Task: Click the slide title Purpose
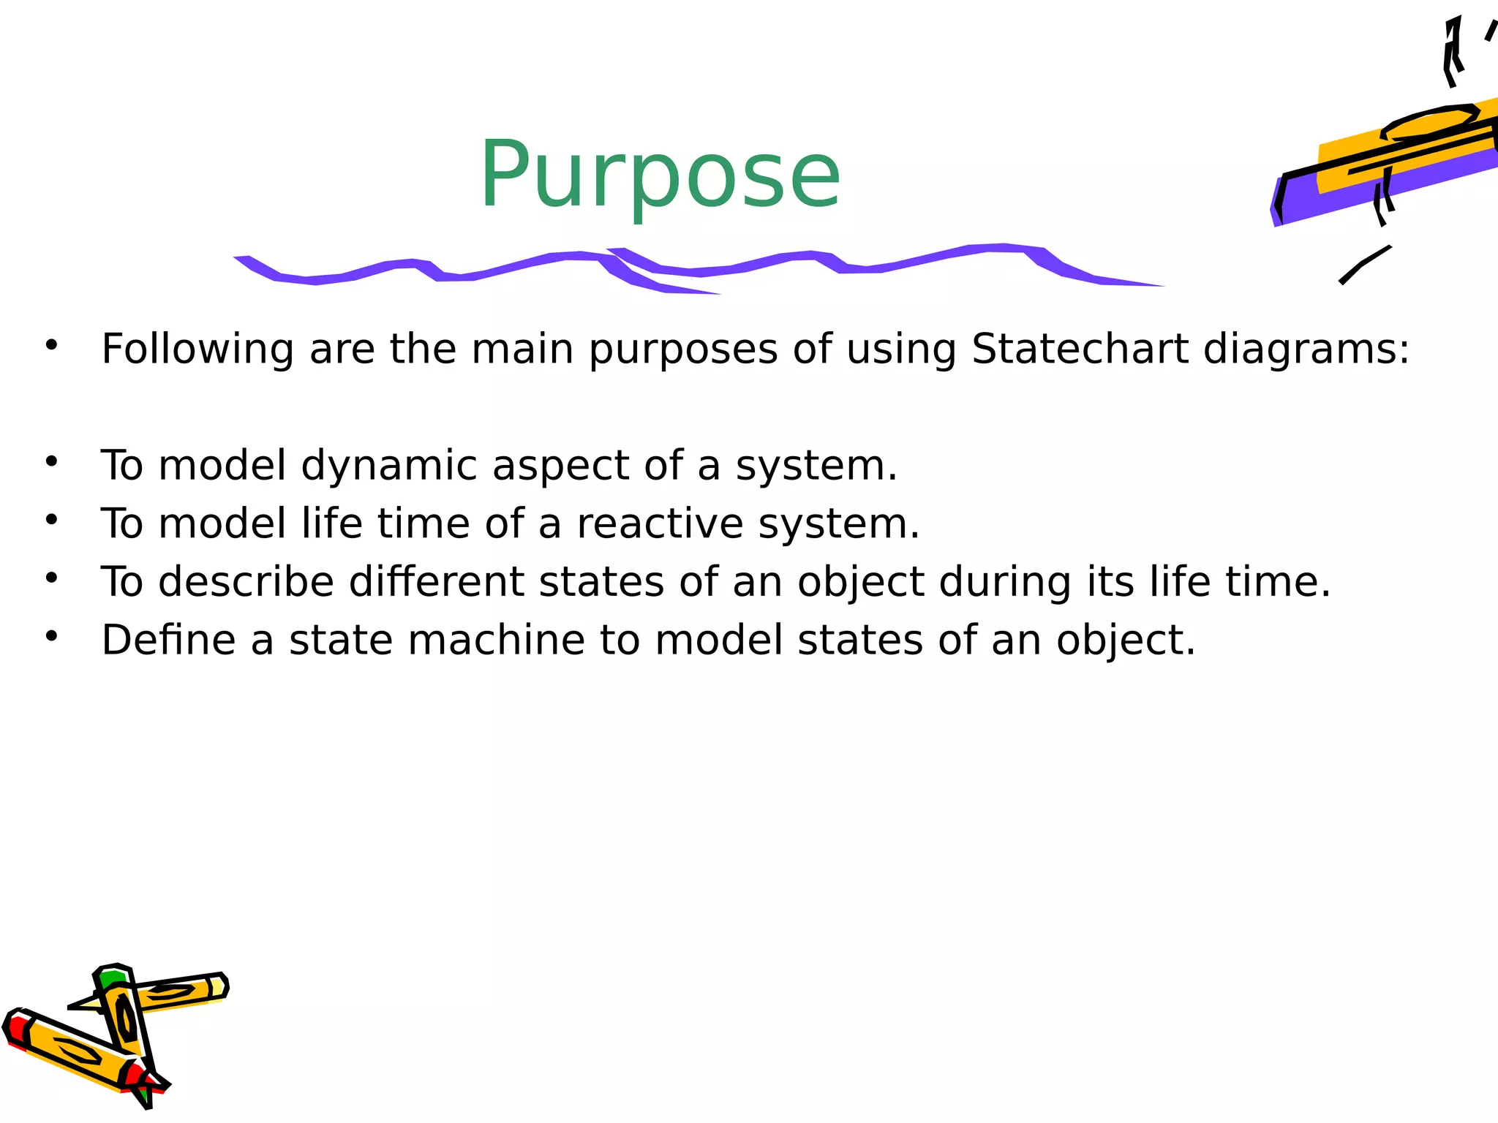pyautogui.click(x=660, y=175)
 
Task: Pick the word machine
pyautogui.click(x=496, y=640)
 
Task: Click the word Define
pyautogui.click(x=168, y=640)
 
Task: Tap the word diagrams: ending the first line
pyautogui.click(x=1306, y=349)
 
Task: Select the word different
pyautogui.click(x=436, y=582)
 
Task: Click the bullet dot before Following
pyautogui.click(x=51, y=344)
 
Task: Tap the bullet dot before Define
pyautogui.click(x=51, y=636)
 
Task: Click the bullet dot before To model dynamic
pyautogui.click(x=51, y=461)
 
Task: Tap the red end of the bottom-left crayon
pyautogui.click(x=15, y=1029)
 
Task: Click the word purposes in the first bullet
pyautogui.click(x=683, y=349)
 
